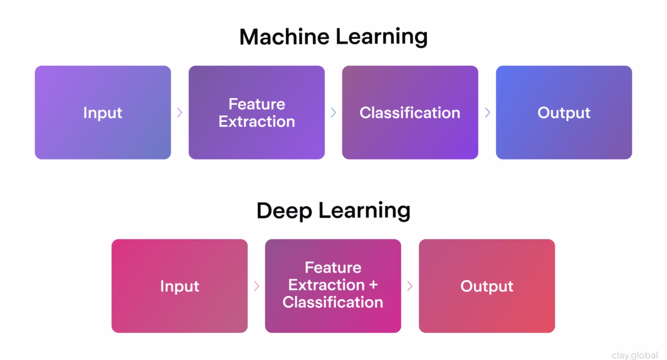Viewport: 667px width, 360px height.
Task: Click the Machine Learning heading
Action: pos(333,37)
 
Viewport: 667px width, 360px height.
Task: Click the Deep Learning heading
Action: pos(333,211)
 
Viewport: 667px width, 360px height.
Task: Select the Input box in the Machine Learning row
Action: pos(103,112)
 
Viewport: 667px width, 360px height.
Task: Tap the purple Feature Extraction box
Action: pos(256,112)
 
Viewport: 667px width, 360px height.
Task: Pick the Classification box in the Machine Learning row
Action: pos(410,112)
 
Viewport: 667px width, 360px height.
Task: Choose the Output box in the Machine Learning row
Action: pos(564,112)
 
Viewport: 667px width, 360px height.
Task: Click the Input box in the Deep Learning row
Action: pos(179,286)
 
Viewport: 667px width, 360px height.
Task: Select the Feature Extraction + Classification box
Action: pos(332,285)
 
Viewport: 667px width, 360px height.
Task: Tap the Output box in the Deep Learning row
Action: pos(486,286)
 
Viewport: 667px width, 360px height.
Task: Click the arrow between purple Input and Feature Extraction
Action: pos(180,112)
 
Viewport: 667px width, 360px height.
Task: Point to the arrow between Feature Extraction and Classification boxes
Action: pos(333,112)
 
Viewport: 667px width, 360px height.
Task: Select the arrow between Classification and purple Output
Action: pos(487,112)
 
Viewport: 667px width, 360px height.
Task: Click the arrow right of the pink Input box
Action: pos(256,286)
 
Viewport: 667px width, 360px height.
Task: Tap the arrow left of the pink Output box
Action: pos(410,286)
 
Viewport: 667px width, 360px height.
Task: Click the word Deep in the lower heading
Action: pos(284,211)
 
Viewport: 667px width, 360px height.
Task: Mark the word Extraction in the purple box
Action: pos(256,121)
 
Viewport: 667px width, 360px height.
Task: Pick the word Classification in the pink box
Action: pos(332,302)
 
